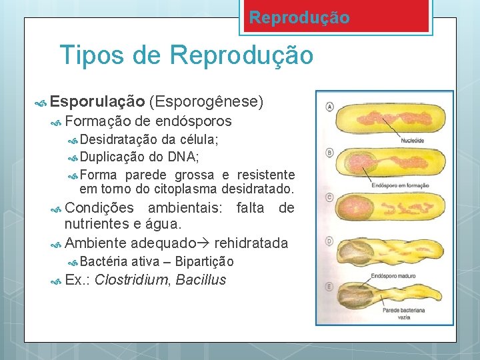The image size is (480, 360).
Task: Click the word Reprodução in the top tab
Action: [x=299, y=17]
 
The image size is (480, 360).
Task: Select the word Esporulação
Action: [x=97, y=101]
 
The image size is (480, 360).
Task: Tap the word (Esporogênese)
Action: [x=207, y=101]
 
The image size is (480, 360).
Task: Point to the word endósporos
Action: [x=193, y=121]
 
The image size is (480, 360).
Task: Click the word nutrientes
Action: [x=101, y=225]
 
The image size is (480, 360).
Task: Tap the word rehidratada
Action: [x=251, y=243]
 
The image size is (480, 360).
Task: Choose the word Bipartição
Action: [x=204, y=261]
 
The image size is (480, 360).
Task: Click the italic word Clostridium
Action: [x=133, y=280]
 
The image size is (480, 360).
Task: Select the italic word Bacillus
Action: [x=201, y=280]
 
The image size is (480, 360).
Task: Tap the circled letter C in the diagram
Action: [x=329, y=197]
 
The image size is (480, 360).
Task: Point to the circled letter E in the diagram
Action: [x=329, y=287]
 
